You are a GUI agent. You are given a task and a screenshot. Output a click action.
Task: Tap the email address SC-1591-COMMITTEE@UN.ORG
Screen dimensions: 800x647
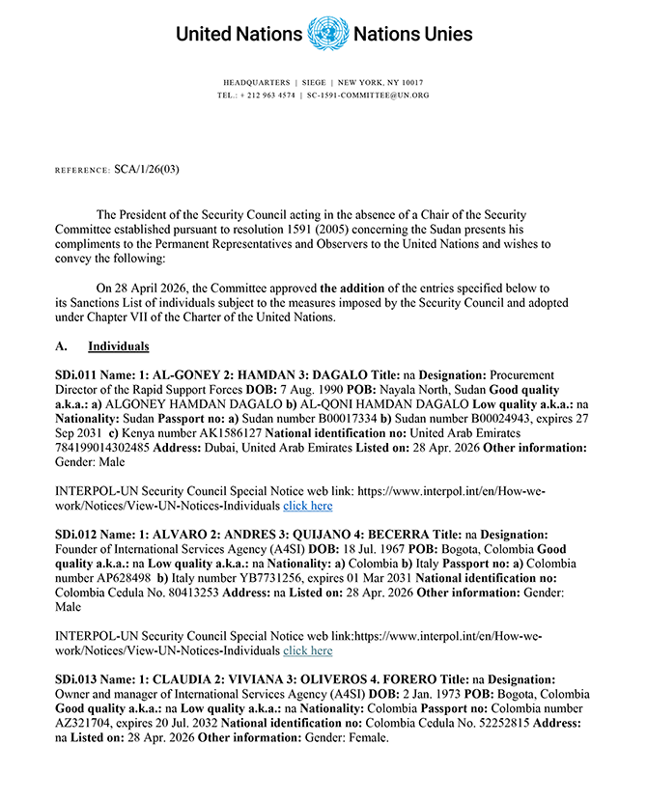coord(368,96)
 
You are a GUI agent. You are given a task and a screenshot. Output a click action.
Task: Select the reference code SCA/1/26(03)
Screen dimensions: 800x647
coord(147,170)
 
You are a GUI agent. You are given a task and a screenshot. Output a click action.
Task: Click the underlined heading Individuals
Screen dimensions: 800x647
coord(118,345)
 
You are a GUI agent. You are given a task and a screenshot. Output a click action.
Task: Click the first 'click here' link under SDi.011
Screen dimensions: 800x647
coord(307,506)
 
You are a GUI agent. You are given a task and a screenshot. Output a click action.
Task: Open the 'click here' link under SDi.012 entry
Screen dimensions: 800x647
coord(307,651)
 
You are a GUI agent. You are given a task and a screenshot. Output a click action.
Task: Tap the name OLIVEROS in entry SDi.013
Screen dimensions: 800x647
coord(351,679)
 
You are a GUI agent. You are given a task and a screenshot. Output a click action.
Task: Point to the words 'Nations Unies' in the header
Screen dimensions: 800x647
coord(413,34)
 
